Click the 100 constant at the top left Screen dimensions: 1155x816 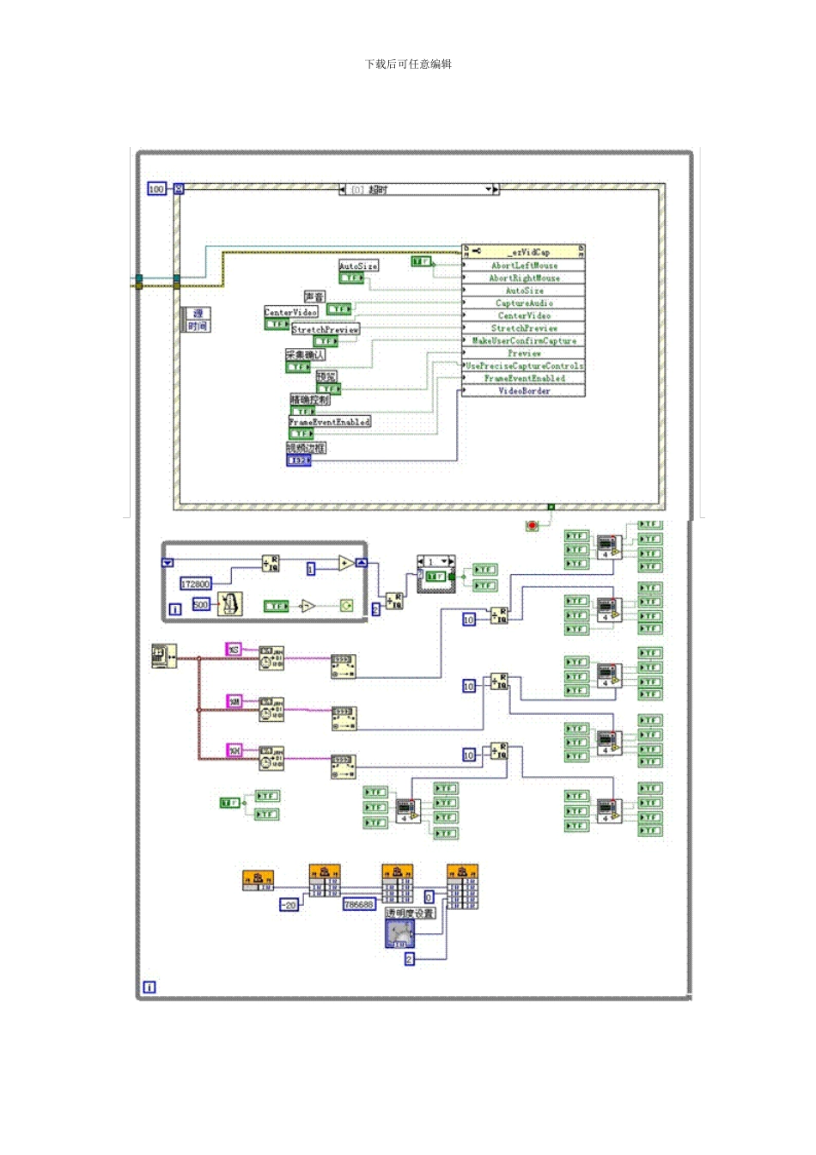tap(156, 189)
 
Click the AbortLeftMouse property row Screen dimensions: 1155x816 tap(524, 266)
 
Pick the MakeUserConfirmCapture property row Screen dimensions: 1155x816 tap(524, 341)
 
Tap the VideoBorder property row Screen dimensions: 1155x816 tap(524, 391)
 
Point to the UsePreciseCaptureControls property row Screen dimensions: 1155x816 tap(524, 366)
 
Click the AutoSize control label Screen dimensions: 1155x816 tap(358, 266)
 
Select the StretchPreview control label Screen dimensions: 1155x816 tap(326, 330)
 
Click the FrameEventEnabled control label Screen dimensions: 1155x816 tap(330, 422)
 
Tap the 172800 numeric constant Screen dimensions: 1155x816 tap(195, 584)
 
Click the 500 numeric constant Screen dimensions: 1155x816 tap(200, 605)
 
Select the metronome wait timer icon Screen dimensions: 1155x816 tap(229, 604)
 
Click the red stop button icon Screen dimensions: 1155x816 tap(532, 525)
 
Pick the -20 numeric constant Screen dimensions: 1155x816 tap(289, 905)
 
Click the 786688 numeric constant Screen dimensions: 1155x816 tap(359, 905)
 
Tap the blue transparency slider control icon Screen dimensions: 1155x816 tap(400, 934)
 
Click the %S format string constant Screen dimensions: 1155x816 tap(234, 650)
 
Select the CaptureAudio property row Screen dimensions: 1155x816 tap(524, 303)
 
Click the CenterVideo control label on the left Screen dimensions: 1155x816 tap(290, 313)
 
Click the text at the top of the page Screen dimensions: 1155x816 tap(408, 64)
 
